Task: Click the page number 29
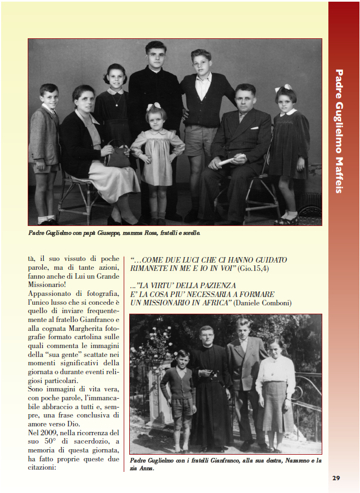(x=336, y=477)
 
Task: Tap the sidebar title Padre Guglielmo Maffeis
(x=339, y=130)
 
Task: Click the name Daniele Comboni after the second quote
(x=263, y=303)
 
